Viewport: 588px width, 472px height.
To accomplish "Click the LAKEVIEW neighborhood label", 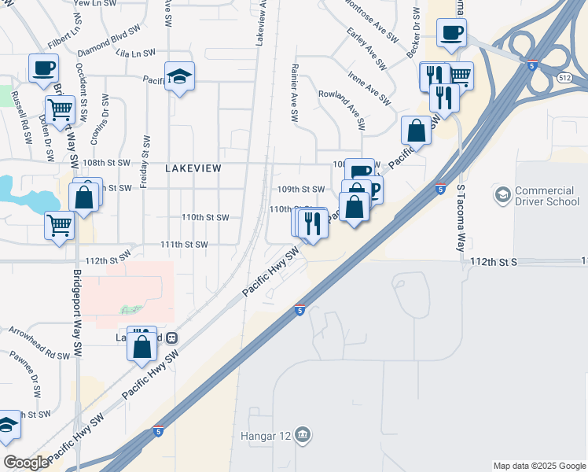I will pos(193,168).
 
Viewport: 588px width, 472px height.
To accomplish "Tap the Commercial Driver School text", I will pos(547,197).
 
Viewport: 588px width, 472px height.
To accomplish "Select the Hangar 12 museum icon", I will pos(303,434).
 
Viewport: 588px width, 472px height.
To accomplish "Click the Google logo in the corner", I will pos(26,463).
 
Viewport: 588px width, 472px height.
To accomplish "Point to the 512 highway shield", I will pos(564,78).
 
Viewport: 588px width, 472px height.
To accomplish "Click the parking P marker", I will pos(373,189).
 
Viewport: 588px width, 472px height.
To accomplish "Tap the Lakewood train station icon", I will pos(171,337).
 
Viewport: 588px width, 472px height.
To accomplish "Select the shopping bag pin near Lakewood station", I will pos(142,346).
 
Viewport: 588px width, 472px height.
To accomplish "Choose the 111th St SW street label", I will pos(184,245).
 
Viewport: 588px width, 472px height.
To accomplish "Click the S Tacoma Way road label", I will pos(461,219).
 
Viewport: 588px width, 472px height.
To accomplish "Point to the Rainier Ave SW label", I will pos(295,92).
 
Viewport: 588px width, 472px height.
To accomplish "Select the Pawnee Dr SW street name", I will pos(37,377).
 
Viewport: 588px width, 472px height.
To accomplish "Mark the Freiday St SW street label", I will pos(145,160).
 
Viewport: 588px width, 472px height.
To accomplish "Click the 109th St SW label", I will pos(301,190).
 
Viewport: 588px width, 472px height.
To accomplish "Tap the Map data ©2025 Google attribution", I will pos(538,466).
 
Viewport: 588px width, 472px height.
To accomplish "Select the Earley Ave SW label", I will pos(367,48).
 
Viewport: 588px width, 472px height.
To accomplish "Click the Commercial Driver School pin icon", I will pos(501,194).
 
